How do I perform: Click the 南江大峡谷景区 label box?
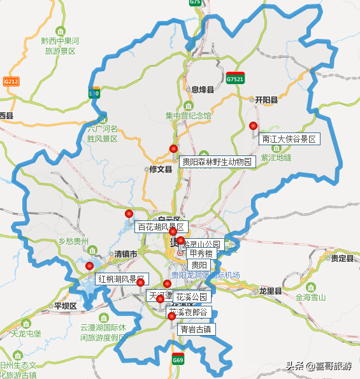289,139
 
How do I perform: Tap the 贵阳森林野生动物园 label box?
217,162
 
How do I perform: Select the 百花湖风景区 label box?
161,227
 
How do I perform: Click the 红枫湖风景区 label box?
119,279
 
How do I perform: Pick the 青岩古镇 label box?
196,329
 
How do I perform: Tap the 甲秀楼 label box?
200,254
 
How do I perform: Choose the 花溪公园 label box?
192,297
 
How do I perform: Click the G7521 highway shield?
235,79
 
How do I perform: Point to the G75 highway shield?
195,3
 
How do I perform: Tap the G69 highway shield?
178,360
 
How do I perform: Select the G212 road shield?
11,82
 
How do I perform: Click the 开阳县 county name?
266,100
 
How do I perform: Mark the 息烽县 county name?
203,90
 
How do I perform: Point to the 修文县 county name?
161,169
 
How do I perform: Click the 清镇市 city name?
126,254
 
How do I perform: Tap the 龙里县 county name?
270,290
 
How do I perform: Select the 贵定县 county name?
342,258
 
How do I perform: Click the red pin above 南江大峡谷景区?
253,125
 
